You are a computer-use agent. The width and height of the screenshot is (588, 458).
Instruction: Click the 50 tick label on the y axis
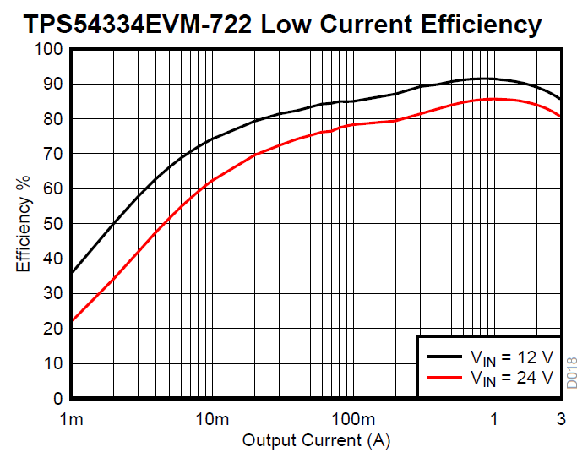(x=53, y=224)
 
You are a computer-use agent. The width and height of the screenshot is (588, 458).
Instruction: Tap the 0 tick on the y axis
(x=58, y=398)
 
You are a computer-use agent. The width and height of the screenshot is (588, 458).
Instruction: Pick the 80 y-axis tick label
(x=53, y=119)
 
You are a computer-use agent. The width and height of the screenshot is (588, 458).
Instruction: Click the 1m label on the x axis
(x=72, y=419)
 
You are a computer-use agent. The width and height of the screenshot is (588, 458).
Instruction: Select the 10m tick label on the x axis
(x=211, y=419)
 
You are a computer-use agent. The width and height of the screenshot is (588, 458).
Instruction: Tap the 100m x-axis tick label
(x=352, y=419)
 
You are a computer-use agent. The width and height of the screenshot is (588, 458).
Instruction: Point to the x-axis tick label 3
(x=560, y=419)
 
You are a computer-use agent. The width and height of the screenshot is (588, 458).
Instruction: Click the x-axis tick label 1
(x=494, y=419)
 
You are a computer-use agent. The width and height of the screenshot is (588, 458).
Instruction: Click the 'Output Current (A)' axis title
(x=317, y=440)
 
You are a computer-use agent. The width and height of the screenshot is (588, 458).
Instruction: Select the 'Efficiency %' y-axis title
(x=24, y=223)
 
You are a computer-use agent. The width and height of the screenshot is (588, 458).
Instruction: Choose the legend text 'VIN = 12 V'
(x=512, y=355)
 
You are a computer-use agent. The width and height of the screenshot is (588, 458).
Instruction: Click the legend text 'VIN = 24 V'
(x=512, y=377)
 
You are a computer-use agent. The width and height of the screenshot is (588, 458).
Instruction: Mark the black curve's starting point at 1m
(x=72, y=273)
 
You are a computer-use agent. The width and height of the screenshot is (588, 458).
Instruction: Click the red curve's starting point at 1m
(x=72, y=321)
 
